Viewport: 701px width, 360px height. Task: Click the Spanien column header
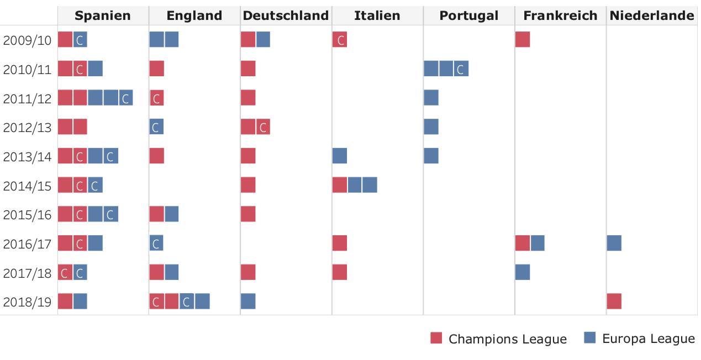103,16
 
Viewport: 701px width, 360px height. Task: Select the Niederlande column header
652,16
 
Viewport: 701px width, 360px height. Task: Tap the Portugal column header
468,16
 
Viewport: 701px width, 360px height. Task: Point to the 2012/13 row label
27,128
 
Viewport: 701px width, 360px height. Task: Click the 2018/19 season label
27,301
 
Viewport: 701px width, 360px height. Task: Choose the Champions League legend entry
499,338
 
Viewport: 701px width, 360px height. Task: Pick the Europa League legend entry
640,338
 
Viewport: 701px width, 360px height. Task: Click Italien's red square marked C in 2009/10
340,40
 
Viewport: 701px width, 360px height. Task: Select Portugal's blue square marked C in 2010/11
461,69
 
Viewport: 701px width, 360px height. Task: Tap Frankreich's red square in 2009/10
523,40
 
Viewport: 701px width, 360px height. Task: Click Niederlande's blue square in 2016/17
614,243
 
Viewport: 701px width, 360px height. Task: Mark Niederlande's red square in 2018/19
614,301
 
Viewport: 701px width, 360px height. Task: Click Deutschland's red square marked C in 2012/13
263,127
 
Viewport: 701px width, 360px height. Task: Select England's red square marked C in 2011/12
157,98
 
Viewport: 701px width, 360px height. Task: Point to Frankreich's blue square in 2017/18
523,272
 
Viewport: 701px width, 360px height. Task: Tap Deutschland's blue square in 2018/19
248,301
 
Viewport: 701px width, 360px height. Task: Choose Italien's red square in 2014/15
340,185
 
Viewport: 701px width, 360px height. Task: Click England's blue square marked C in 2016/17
156,243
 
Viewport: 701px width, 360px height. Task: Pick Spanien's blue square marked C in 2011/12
125,98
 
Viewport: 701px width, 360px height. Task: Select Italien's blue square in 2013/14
340,156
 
